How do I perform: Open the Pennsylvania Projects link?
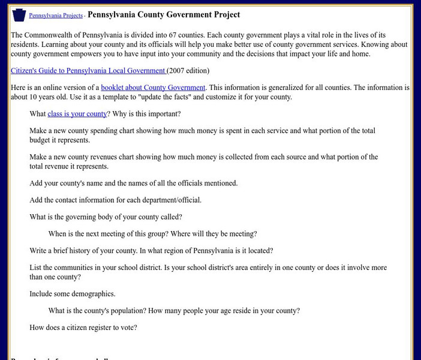point(56,16)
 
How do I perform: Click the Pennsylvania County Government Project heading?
point(164,14)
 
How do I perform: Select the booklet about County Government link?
point(153,88)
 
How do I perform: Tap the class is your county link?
point(77,114)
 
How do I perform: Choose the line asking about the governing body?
point(106,217)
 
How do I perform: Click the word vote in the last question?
point(128,328)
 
